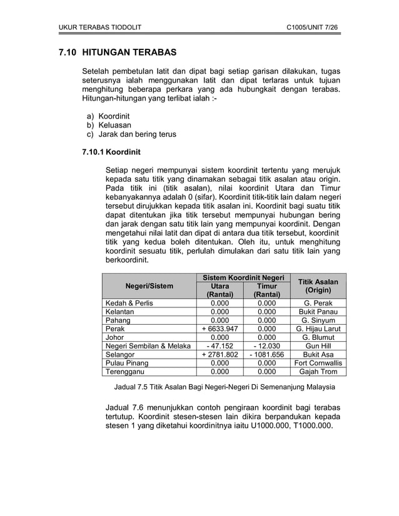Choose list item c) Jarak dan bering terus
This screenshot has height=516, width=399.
pos(131,134)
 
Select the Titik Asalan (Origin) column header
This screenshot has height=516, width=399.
pos(318,286)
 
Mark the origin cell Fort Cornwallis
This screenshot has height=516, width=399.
pos(318,362)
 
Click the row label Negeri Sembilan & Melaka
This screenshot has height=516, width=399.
pos(148,345)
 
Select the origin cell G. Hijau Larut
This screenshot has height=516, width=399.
pos(318,328)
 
